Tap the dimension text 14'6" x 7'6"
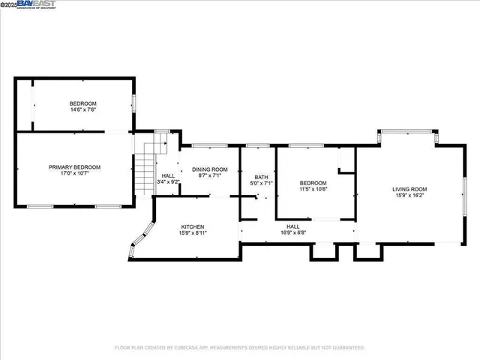(83, 109)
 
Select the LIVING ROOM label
(409, 189)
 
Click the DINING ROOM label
(209, 169)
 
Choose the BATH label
(260, 176)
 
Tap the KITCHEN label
(192, 226)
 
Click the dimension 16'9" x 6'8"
(292, 232)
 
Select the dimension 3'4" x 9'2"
(169, 181)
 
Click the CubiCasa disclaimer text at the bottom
(239, 347)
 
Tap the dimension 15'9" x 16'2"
(409, 196)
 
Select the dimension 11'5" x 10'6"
(313, 189)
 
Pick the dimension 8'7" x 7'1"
(209, 176)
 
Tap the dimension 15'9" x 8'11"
(192, 233)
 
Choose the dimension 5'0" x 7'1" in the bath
(260, 183)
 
